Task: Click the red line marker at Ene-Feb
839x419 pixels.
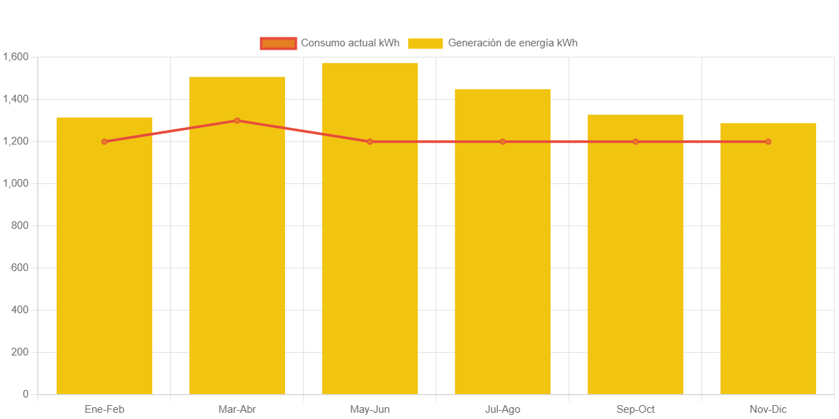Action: point(104,142)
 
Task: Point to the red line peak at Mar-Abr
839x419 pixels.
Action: point(237,120)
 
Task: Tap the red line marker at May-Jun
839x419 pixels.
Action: point(370,142)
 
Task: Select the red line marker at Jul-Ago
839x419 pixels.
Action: point(503,142)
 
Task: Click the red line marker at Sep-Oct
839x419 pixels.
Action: point(636,142)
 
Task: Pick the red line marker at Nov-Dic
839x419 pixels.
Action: point(768,142)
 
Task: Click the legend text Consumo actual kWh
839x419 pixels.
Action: point(350,43)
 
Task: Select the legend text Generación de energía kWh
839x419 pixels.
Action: point(513,43)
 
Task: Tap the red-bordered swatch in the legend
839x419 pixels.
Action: point(278,43)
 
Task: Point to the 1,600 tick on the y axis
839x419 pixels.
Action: point(15,57)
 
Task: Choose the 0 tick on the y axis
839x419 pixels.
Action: point(26,394)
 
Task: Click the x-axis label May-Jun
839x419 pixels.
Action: point(370,409)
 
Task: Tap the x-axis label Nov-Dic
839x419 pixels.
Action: point(768,409)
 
